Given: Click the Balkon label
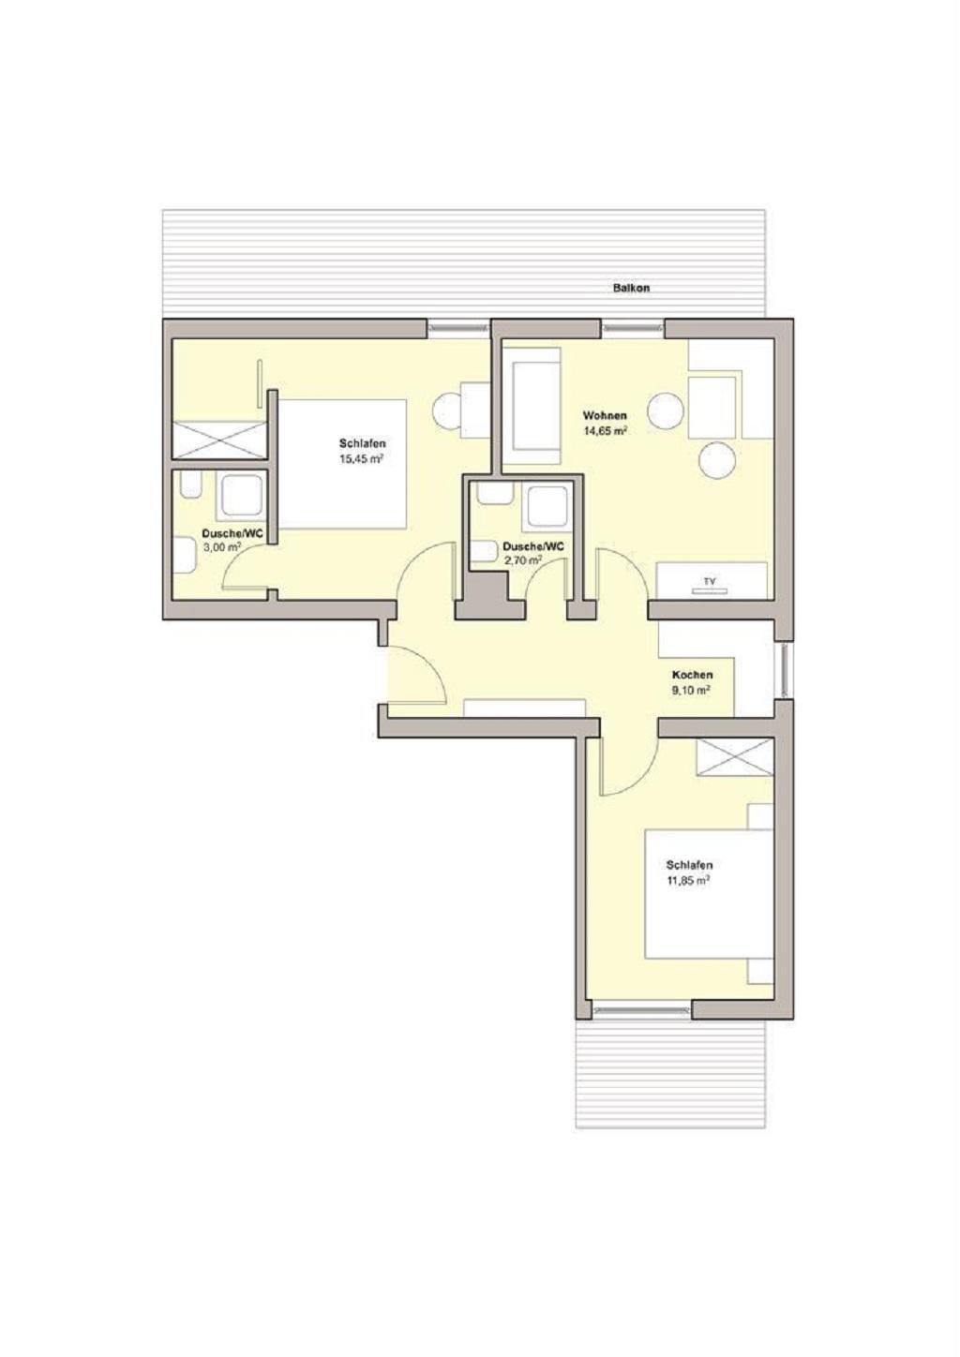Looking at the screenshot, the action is (631, 289).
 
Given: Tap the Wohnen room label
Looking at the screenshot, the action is (605, 415).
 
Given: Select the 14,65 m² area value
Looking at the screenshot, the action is (605, 431).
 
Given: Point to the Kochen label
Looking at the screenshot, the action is (692, 675).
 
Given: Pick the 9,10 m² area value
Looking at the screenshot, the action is (692, 690).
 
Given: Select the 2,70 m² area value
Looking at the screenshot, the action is (523, 560).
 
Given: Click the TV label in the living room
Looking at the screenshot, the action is (710, 582).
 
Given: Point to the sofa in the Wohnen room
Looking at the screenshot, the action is (532, 407).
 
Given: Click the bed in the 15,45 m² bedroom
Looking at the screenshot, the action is (342, 464).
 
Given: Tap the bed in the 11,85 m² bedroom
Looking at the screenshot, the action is (709, 893).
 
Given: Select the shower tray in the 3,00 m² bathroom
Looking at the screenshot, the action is (241, 496).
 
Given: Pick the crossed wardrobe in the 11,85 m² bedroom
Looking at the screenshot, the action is (735, 756).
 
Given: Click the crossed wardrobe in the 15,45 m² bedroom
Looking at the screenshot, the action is (218, 440).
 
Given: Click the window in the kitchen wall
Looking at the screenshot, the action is (785, 669).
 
